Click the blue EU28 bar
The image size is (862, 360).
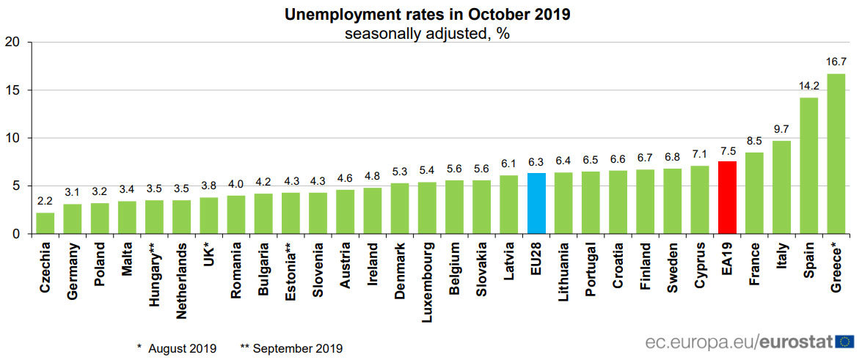[536, 204]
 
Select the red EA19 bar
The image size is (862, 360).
[727, 198]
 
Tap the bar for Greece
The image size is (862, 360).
[836, 154]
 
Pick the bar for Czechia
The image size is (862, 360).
[45, 224]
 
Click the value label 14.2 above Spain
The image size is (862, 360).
[808, 87]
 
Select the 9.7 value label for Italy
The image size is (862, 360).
[781, 130]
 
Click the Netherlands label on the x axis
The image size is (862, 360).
[182, 283]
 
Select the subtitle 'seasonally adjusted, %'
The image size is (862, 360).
[428, 34]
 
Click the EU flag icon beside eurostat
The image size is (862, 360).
[844, 342]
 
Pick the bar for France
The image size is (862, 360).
[754, 193]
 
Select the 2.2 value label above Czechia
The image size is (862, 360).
[45, 202]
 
